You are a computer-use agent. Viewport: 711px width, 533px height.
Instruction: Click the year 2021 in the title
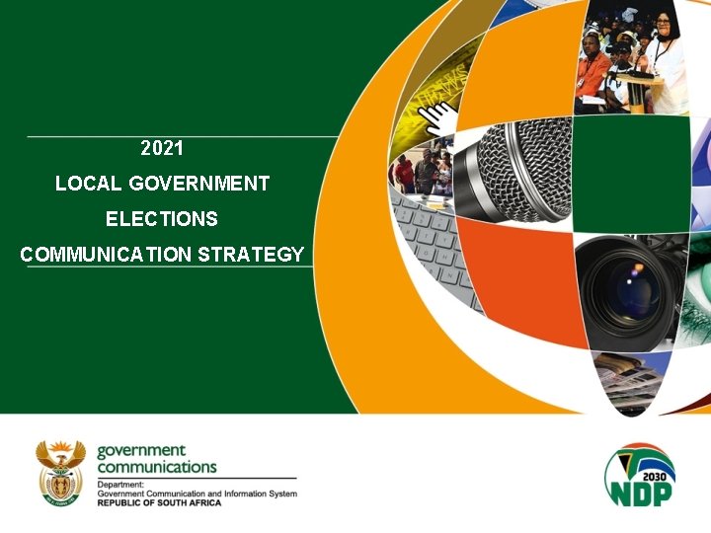(162, 149)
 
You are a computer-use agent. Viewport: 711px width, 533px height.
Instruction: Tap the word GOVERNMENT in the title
(198, 184)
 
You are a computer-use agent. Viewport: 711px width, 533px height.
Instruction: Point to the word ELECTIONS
(162, 218)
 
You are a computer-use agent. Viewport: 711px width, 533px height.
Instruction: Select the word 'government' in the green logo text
(141, 451)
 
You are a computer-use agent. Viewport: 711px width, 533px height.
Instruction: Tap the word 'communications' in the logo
(156, 467)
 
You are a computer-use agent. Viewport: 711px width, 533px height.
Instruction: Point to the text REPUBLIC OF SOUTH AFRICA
(159, 502)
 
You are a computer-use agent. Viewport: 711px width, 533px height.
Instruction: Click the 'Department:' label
(119, 485)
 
